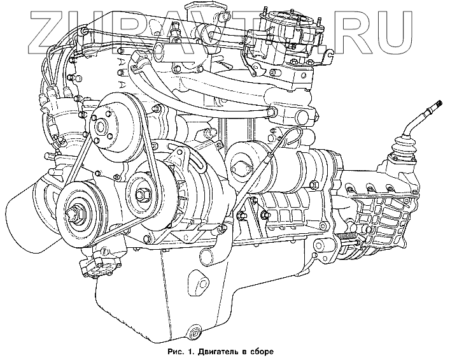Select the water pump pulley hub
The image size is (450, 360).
[101, 126]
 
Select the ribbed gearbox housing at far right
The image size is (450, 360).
[389, 211]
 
